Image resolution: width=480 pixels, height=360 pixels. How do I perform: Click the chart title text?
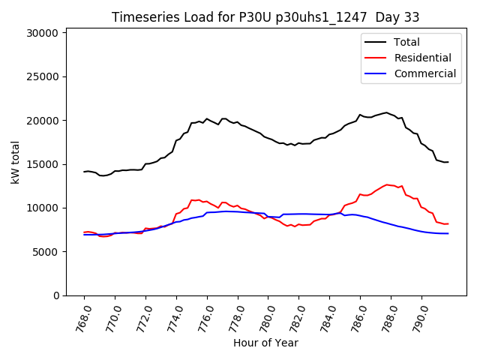point(265,17)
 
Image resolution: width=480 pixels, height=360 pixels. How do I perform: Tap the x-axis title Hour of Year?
point(265,343)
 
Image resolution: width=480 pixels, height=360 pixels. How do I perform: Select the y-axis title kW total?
point(15,162)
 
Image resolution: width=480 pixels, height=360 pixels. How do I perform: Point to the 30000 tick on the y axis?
point(43,33)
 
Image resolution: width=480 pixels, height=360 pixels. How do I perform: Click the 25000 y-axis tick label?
point(43,76)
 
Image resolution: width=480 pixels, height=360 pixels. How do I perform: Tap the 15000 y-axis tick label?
point(43,164)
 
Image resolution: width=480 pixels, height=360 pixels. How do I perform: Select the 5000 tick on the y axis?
point(45,252)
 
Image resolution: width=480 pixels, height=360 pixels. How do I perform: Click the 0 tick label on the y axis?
point(55,295)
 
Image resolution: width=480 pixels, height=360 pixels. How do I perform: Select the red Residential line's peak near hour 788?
point(387,184)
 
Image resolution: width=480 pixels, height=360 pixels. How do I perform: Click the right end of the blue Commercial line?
point(448,233)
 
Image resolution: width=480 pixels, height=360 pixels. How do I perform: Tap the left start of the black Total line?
point(84,172)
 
